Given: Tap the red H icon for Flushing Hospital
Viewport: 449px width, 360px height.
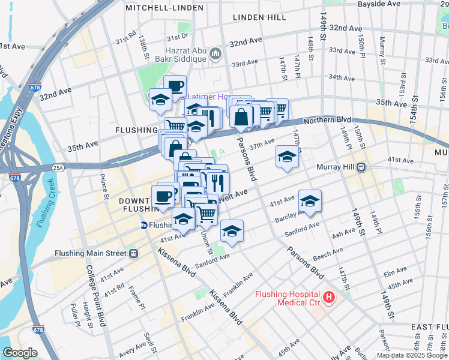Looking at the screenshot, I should coord(328,297).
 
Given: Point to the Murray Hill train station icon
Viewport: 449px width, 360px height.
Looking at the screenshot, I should coord(361,167).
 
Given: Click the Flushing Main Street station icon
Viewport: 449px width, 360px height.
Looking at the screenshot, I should coord(134,253).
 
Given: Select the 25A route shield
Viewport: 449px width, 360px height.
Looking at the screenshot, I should coord(58,167).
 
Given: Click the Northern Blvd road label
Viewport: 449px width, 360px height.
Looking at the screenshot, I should coord(326,121).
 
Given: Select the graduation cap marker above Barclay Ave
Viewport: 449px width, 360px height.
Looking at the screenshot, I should coord(310,201).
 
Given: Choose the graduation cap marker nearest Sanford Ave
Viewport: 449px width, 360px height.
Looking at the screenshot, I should coord(232,231).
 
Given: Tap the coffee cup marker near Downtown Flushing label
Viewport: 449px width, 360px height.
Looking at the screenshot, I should coord(163,196).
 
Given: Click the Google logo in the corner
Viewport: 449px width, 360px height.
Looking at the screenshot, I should coord(20,353).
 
